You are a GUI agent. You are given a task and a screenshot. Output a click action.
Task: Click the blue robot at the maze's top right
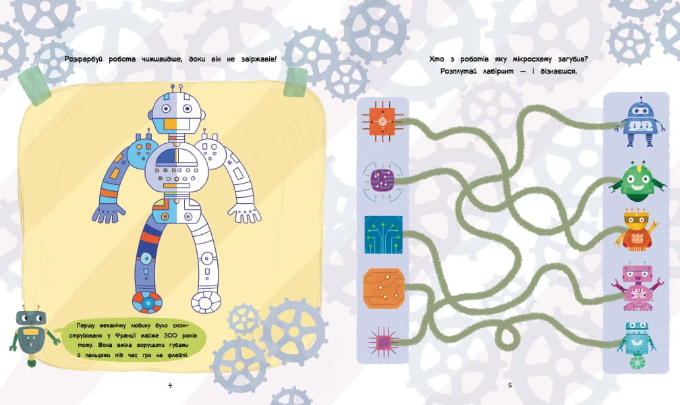640,122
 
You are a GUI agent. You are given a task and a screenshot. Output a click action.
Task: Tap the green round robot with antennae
637,182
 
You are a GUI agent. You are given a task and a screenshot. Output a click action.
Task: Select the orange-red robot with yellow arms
636,231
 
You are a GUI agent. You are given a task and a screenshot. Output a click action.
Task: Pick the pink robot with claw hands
635,288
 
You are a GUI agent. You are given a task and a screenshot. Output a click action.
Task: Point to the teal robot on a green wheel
637,345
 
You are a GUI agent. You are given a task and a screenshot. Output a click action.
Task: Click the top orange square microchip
382,122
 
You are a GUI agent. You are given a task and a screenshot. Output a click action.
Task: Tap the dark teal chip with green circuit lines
383,234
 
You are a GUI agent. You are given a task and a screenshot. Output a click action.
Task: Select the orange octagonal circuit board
384,288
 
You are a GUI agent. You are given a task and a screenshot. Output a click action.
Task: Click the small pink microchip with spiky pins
383,342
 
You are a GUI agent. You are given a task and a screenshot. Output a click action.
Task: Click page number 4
170,385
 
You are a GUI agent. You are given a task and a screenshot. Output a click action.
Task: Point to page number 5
510,385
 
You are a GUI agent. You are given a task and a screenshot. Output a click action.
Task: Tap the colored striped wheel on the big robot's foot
148,301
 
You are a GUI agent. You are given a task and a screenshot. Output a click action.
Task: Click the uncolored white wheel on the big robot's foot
206,301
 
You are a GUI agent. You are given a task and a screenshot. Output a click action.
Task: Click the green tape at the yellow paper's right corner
295,82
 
